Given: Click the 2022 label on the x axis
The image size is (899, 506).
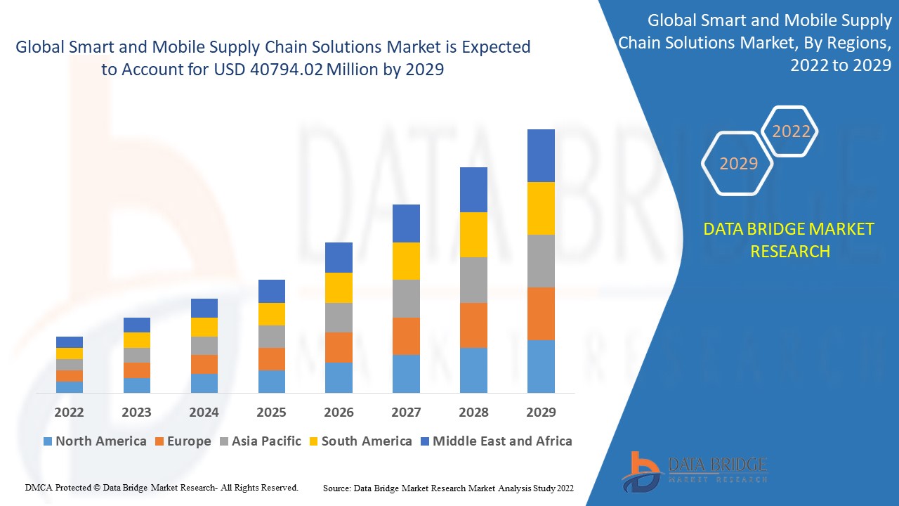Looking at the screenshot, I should coord(69,412).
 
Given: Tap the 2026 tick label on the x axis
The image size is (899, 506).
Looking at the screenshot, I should coord(339,412).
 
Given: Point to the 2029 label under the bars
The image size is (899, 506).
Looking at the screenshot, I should coord(541,412).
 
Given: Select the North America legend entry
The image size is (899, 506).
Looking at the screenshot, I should coord(95,441).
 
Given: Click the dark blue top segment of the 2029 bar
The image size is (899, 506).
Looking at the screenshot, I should coord(541,155).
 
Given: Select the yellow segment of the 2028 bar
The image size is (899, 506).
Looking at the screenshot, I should coord(473,235).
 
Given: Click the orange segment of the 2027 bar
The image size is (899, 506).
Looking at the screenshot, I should coord(406,336).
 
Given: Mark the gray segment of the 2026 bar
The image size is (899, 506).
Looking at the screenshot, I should coord(339,318).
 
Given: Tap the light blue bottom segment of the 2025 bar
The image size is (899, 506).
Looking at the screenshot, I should coord(272,381).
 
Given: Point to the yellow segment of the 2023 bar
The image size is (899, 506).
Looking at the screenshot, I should coord(137,340).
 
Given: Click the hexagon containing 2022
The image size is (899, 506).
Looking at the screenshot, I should coord(791,131).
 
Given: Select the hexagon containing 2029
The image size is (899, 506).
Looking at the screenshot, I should coord(738,164).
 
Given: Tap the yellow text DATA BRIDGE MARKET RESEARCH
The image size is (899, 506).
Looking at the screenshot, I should coord(789,240).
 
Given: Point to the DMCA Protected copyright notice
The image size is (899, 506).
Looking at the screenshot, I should coord(162,487).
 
